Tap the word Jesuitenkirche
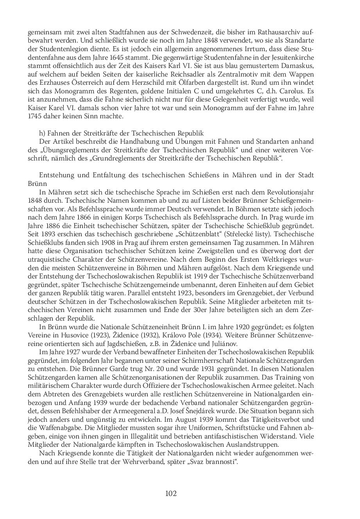click(292, 57)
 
